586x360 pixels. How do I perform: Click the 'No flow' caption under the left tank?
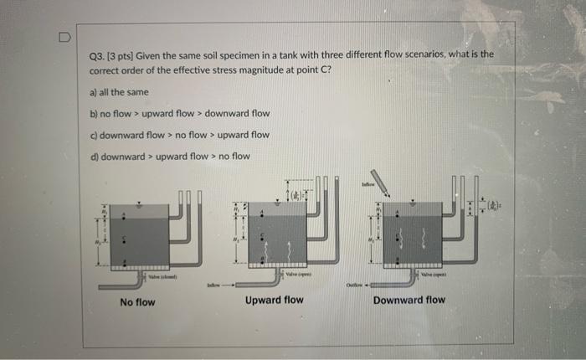137,301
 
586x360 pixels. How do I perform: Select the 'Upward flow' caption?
274,300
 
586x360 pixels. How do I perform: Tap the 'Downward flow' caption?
409,300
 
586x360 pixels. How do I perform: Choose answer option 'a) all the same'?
120,91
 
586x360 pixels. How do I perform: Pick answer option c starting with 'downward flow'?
179,134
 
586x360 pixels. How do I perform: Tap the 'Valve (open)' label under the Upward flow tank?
297,274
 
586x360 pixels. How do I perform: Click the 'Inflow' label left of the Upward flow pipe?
216,285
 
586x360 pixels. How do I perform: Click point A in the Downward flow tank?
397,202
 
